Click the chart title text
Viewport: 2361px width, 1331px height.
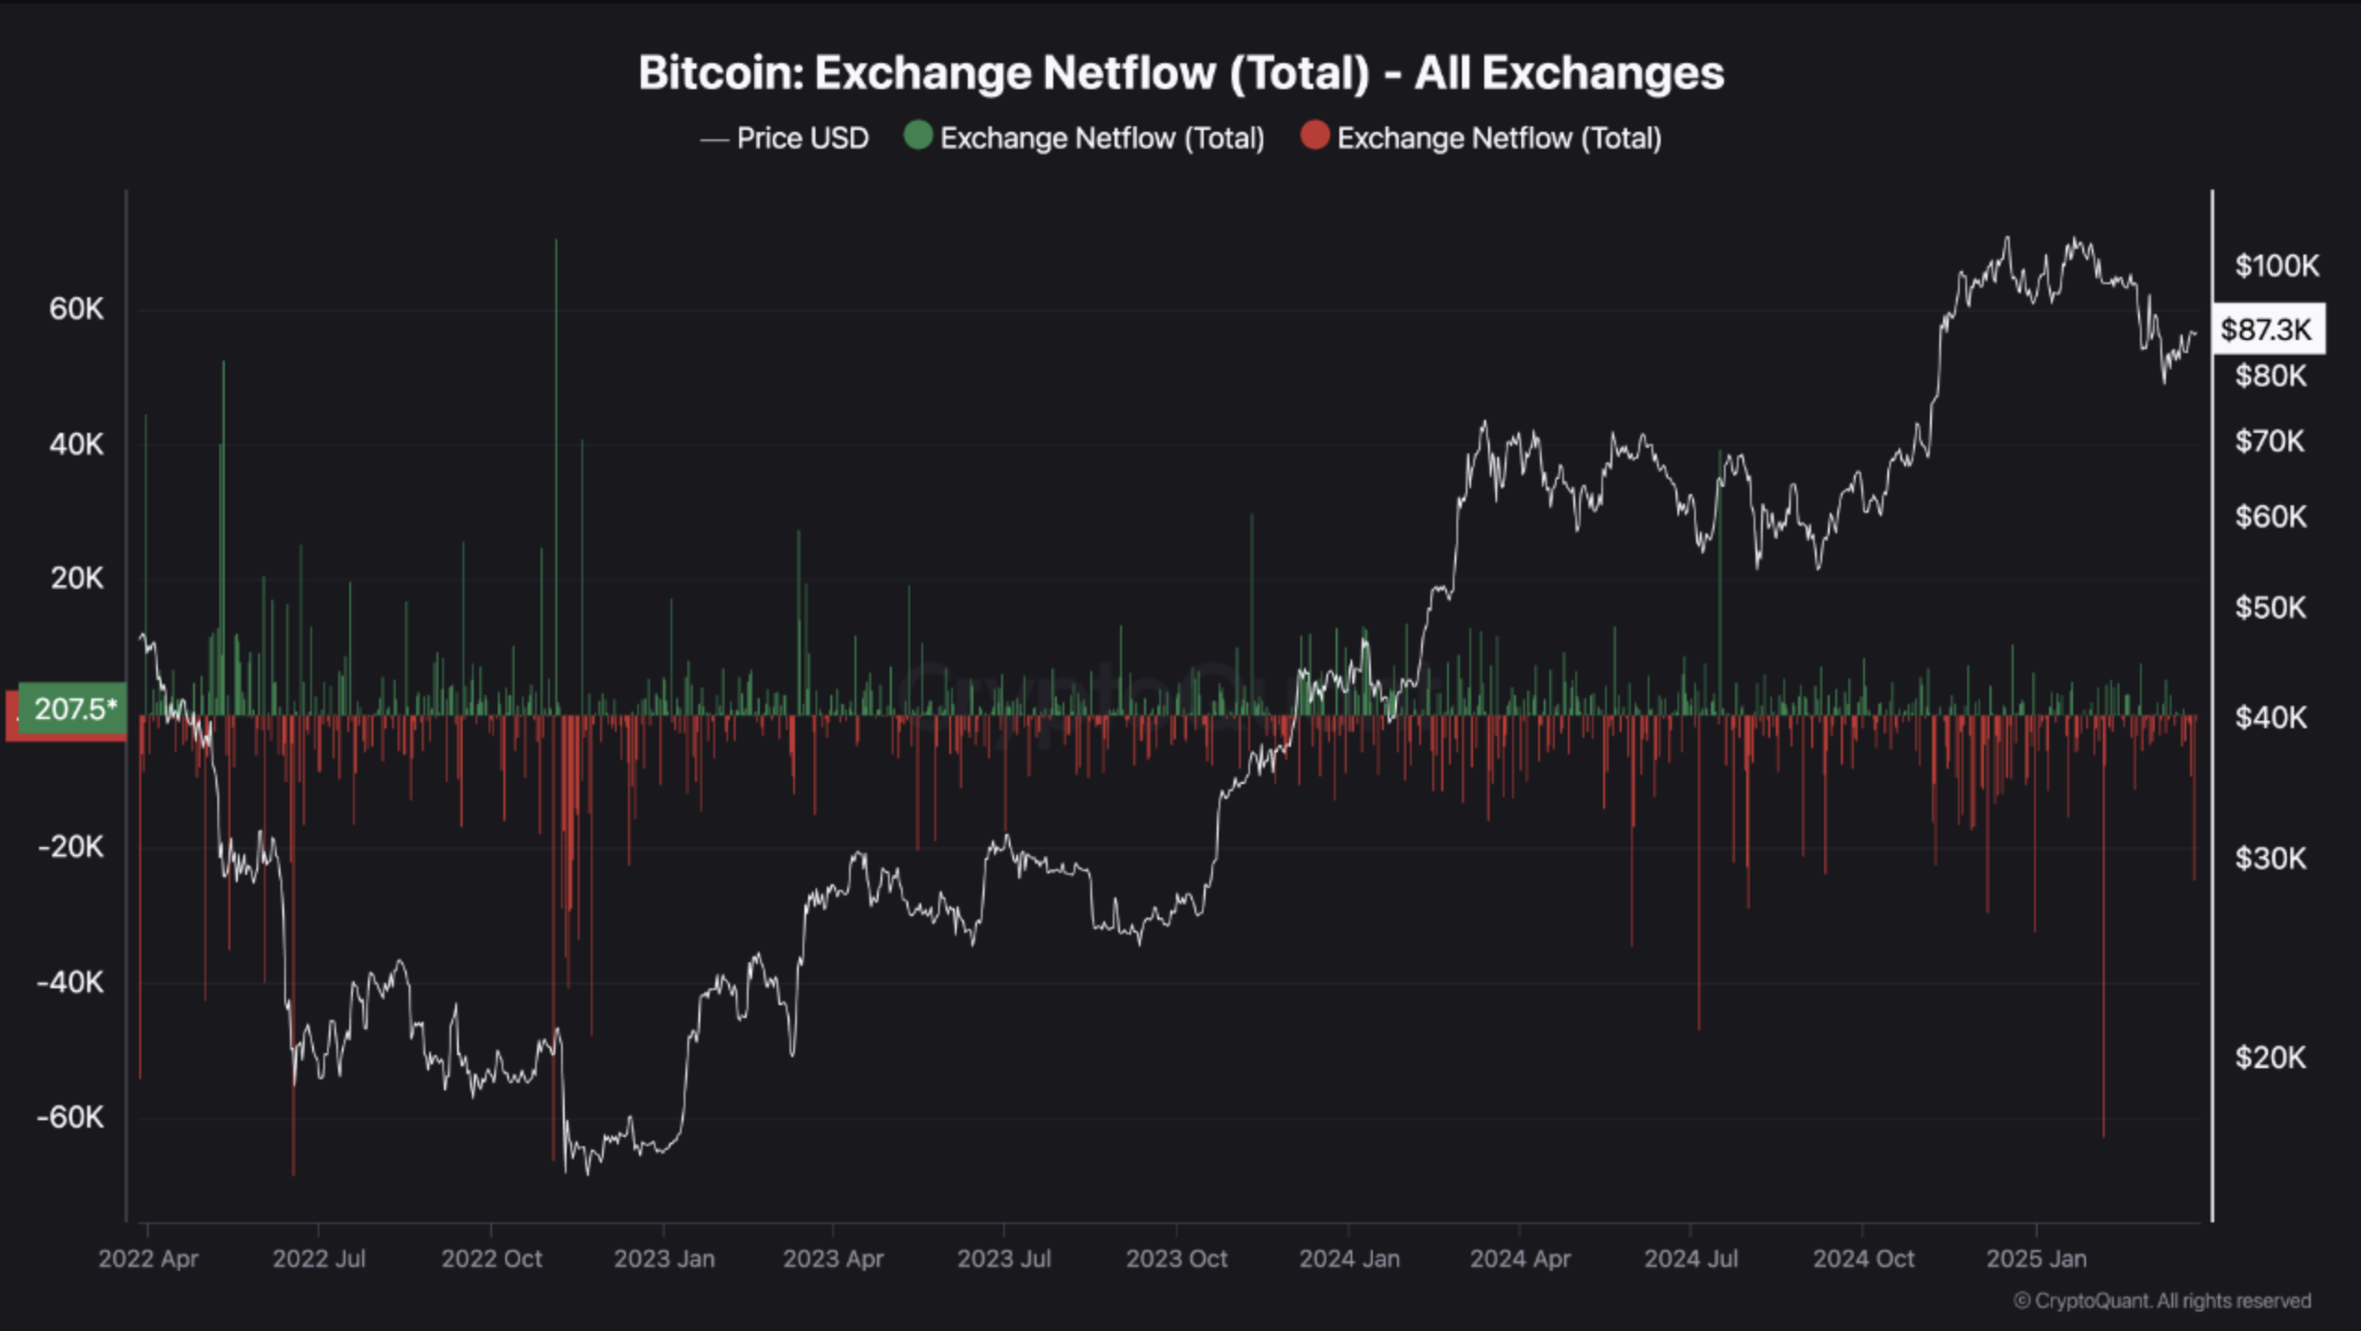(1180, 72)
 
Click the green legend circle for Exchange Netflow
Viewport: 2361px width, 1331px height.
(918, 136)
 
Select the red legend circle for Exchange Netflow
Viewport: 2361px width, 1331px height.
(1314, 136)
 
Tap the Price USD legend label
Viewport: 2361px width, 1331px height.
(802, 138)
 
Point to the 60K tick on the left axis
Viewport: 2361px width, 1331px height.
(76, 309)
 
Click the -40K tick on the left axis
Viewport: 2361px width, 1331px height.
(71, 982)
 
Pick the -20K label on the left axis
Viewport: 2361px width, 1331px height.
(71, 847)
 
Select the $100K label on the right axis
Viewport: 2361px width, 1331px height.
(2276, 267)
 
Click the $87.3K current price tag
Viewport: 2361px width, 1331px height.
(2266, 330)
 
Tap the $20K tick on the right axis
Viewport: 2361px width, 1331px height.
(2270, 1057)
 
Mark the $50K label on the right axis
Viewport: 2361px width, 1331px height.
(2270, 607)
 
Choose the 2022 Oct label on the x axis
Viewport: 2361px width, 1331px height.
(491, 1259)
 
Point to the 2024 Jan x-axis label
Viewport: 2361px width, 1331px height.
(1349, 1259)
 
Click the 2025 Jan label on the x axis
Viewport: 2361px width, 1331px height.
(2036, 1259)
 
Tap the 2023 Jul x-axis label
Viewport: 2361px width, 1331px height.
(1004, 1259)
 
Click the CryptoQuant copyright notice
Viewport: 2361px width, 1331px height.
(2161, 1300)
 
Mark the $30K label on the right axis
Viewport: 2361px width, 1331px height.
(2270, 858)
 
